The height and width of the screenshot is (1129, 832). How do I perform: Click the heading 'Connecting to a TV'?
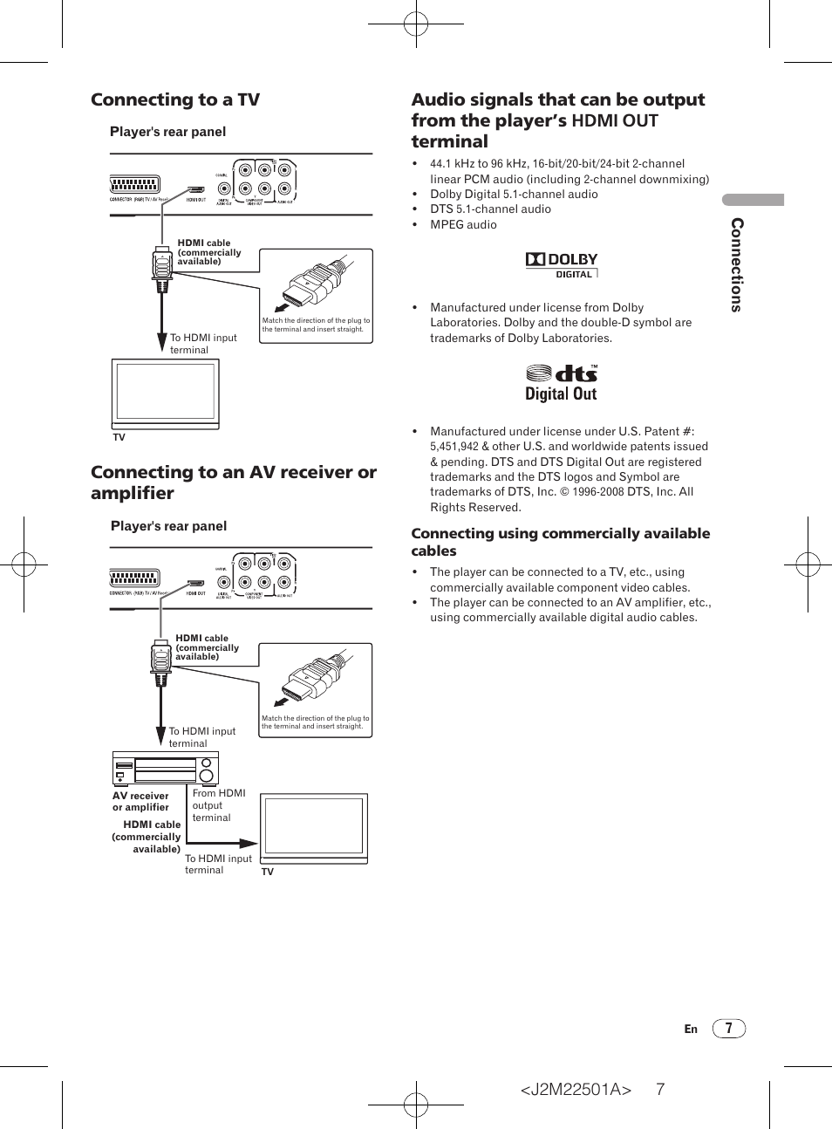pos(175,99)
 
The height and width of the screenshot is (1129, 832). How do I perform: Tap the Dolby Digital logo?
pos(562,264)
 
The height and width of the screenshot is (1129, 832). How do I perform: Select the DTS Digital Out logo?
pos(562,383)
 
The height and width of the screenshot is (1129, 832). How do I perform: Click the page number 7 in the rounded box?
pos(728,1029)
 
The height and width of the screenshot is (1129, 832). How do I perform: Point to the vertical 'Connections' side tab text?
pos(737,264)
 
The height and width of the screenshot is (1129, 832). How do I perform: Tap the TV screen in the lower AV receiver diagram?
pos(314,826)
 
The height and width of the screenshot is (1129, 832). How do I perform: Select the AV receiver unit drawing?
pos(165,770)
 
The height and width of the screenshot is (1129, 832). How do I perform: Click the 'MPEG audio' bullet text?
pos(463,224)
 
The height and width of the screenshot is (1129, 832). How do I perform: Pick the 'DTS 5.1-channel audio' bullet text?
pos(490,209)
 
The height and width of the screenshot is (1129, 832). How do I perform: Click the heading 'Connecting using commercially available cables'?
pos(560,542)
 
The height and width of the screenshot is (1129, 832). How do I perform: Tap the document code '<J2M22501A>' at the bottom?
pos(576,1089)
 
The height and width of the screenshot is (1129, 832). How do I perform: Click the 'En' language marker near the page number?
pos(691,1030)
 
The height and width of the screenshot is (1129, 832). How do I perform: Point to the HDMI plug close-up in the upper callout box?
pos(314,284)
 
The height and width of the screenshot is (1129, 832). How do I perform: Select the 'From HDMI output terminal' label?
pos(218,805)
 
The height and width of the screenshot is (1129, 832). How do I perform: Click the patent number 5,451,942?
pos(454,447)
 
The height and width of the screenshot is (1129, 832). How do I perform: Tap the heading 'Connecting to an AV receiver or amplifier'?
pos(234,482)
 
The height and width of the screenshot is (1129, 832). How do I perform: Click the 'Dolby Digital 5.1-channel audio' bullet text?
pos(514,194)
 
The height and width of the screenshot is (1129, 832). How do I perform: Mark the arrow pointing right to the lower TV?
pos(247,844)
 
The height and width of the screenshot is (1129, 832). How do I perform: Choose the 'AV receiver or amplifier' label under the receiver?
pos(140,801)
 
